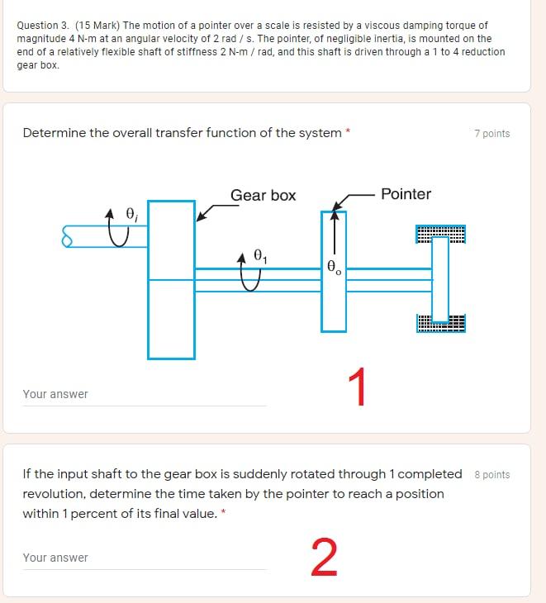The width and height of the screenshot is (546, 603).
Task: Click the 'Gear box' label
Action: pyautogui.click(x=263, y=196)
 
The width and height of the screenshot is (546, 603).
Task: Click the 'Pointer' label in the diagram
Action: pyautogui.click(x=406, y=194)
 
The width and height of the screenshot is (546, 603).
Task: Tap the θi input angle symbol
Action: pyautogui.click(x=132, y=214)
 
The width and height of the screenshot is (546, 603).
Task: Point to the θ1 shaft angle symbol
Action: pyautogui.click(x=260, y=256)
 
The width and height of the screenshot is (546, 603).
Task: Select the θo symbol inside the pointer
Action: pyautogui.click(x=334, y=267)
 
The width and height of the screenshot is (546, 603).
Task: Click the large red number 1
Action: pyautogui.click(x=358, y=387)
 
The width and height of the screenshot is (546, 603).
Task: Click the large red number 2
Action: pyautogui.click(x=324, y=558)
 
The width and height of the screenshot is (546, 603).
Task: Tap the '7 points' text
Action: pyautogui.click(x=492, y=134)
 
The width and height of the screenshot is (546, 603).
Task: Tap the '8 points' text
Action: pyautogui.click(x=492, y=475)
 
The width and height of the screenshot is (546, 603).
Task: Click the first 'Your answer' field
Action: pyautogui.click(x=145, y=395)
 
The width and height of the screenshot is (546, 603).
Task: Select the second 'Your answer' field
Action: pyautogui.click(x=145, y=558)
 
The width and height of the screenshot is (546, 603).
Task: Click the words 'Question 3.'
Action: pyautogui.click(x=43, y=26)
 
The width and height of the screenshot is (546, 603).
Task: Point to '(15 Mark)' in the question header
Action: pyautogui.click(x=97, y=26)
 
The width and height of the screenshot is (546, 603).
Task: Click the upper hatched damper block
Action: pyautogui.click(x=440, y=235)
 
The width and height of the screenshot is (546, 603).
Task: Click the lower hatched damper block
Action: pyautogui.click(x=440, y=323)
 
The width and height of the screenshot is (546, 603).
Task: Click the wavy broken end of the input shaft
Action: pyautogui.click(x=67, y=236)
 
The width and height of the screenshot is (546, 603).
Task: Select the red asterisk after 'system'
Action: pyautogui.click(x=348, y=131)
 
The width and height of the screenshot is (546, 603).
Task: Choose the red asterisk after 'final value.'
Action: pyautogui.click(x=223, y=511)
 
